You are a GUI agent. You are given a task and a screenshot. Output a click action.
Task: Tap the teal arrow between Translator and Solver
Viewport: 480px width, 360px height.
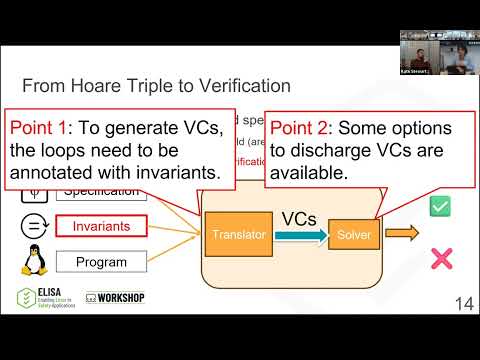[299, 235]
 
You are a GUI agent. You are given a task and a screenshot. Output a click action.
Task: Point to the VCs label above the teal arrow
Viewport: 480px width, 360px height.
[300, 217]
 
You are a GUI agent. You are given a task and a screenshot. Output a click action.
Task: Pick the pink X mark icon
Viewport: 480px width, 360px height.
[439, 260]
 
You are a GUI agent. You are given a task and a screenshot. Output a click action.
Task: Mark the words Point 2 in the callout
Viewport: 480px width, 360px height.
[306, 129]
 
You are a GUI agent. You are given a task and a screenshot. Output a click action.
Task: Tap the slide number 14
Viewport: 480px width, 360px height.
[464, 304]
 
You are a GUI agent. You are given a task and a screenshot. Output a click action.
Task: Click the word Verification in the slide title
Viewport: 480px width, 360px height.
[237, 86]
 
